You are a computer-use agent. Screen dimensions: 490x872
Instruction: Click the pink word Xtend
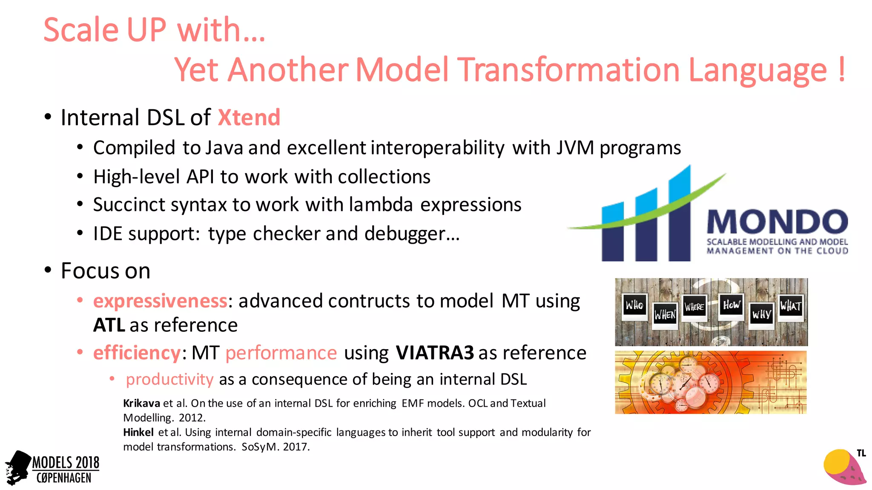click(x=249, y=117)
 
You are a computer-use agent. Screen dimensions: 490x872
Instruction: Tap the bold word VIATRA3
click(x=434, y=353)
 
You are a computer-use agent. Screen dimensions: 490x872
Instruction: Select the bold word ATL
click(x=109, y=325)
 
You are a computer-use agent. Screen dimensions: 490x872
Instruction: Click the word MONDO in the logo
click(x=777, y=222)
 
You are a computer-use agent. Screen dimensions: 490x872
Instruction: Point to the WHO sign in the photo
click(x=634, y=305)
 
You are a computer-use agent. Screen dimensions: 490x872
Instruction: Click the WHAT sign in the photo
click(x=791, y=306)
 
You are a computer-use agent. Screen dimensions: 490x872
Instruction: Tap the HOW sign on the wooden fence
click(x=731, y=305)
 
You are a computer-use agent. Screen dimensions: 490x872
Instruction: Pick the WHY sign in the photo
click(x=761, y=315)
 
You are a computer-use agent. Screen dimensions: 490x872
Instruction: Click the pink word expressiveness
click(x=160, y=301)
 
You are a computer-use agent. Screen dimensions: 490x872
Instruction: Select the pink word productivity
click(x=169, y=379)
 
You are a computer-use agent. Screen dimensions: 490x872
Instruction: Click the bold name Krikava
click(x=141, y=403)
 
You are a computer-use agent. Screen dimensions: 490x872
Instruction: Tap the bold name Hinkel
click(x=138, y=433)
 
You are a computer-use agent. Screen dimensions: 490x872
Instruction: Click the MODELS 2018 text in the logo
click(x=66, y=463)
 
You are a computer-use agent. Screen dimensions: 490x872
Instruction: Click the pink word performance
click(x=281, y=353)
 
